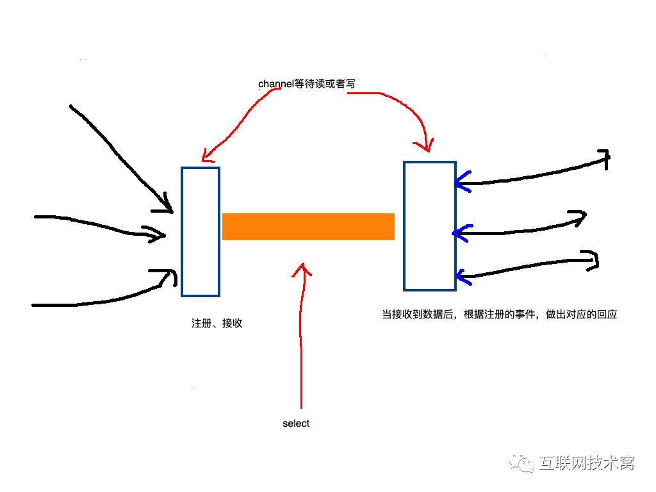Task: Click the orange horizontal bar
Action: [308, 227]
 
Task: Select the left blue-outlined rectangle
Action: [201, 232]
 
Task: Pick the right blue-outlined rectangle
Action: [429, 225]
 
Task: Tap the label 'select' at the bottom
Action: [296, 423]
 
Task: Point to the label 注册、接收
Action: [217, 324]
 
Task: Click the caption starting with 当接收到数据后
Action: [499, 315]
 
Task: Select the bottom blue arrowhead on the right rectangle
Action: [463, 277]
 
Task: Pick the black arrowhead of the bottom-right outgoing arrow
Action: [593, 260]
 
